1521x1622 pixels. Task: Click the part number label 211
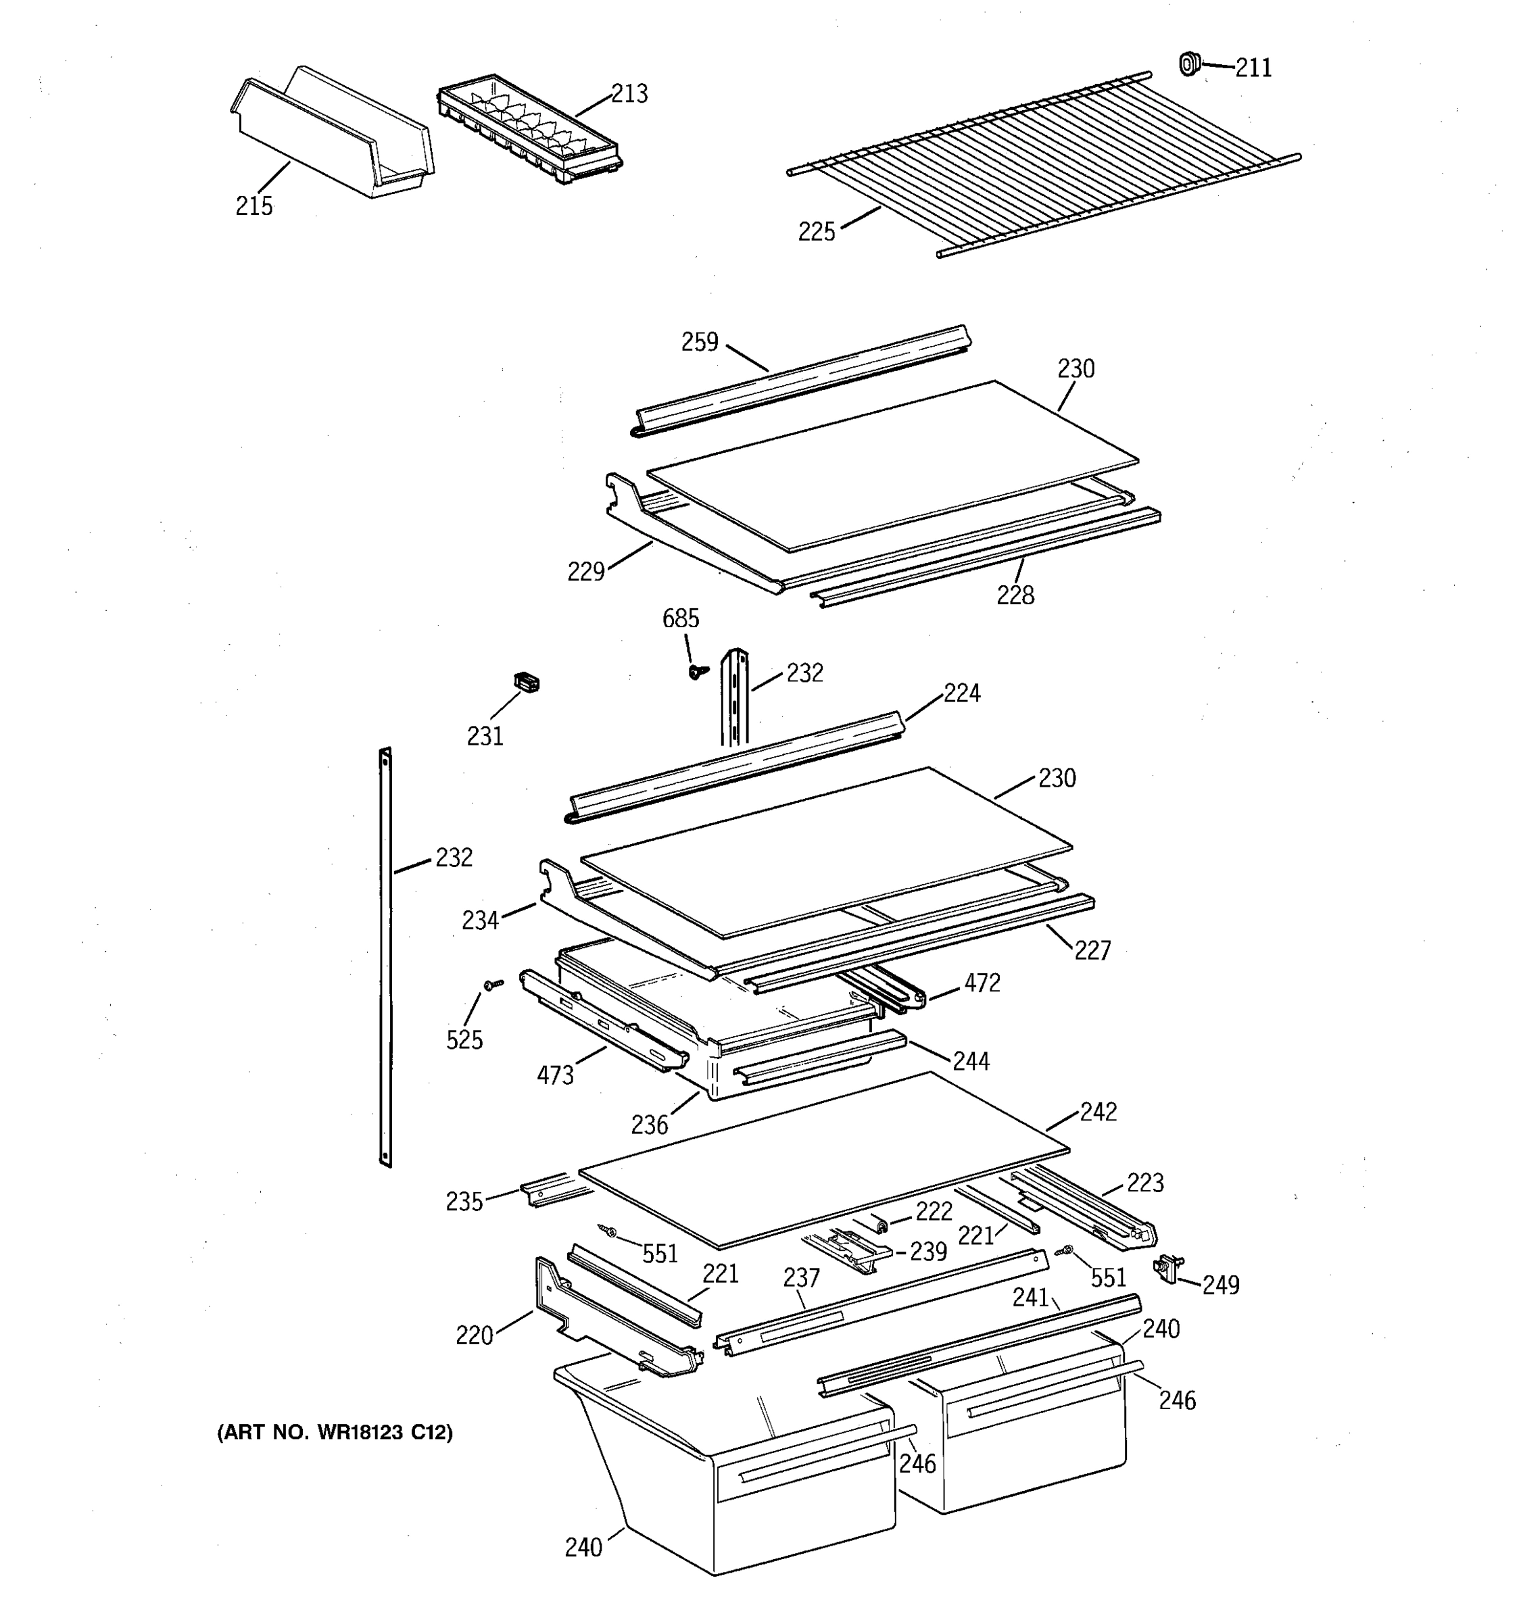[1253, 68]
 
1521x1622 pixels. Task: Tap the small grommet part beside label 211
[1190, 63]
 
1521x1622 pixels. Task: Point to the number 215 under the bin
[254, 206]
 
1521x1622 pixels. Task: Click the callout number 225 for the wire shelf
[816, 232]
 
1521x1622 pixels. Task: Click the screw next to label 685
[697, 670]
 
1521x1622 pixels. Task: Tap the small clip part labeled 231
[527, 682]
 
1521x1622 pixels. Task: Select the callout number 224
[962, 693]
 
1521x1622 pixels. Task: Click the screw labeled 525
[492, 985]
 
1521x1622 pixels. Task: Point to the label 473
[555, 1076]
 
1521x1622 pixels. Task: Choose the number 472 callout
[982, 983]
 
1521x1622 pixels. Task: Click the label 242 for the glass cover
[1098, 1112]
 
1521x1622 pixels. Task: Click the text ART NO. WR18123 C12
[335, 1433]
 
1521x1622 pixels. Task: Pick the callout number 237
[800, 1278]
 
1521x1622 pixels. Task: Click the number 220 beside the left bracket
[474, 1336]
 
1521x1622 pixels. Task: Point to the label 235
[464, 1202]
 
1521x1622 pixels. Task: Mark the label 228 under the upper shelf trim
[1015, 595]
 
